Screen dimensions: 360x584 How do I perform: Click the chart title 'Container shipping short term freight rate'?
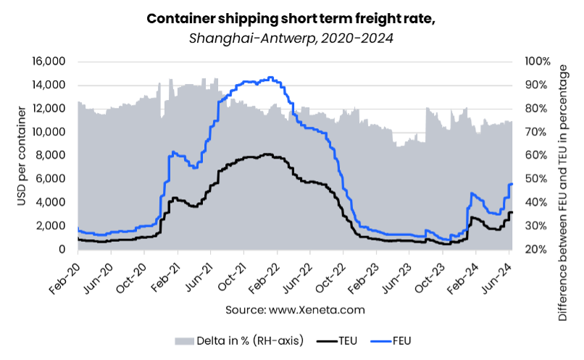[x=291, y=18]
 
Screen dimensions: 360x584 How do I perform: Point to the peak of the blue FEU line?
[x=270, y=78]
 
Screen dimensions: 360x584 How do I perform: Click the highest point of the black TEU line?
[x=267, y=154]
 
